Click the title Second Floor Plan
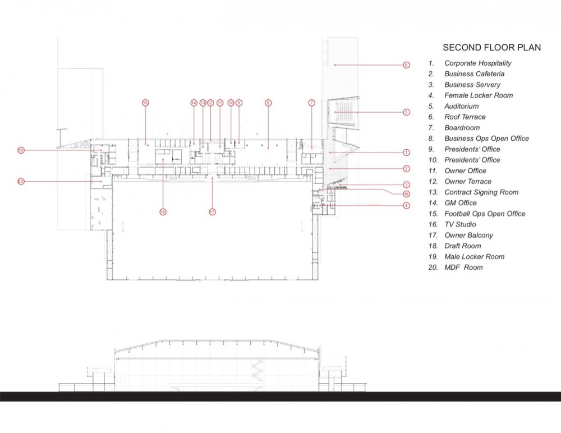(x=491, y=48)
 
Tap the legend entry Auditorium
(x=461, y=106)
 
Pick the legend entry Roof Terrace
(x=465, y=117)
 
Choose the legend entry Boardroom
(x=462, y=127)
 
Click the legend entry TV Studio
(x=460, y=224)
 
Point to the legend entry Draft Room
(x=462, y=246)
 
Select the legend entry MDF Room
(x=463, y=268)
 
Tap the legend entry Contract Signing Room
(x=481, y=192)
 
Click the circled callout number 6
(x=406, y=65)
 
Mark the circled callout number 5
(x=406, y=112)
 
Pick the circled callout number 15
(x=145, y=103)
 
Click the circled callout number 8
(x=268, y=103)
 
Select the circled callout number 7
(x=311, y=103)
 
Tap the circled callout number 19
(x=21, y=150)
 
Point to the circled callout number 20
(x=21, y=181)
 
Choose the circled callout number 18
(x=163, y=211)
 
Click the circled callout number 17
(x=212, y=211)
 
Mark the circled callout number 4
(x=406, y=205)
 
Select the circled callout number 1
(x=406, y=152)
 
